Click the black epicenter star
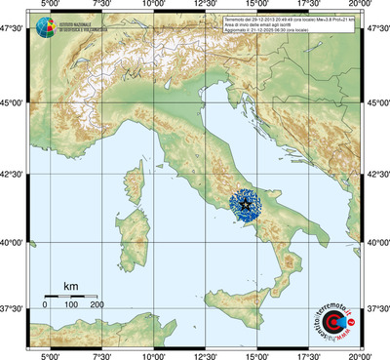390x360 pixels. (248, 205)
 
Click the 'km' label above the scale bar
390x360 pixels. (70, 285)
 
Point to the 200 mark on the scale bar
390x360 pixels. (97, 305)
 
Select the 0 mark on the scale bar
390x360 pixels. (45, 305)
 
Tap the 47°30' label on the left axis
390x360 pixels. (12, 32)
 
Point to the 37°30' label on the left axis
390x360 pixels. (12, 308)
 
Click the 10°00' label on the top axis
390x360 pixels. (153, 6)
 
